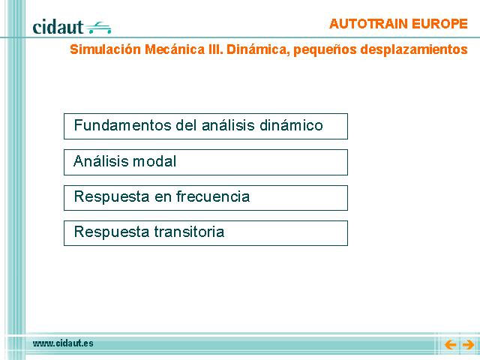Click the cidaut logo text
coord(58,27)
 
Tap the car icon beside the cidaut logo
coord(98,28)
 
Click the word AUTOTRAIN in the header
coord(368,24)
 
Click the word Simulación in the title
coord(105,49)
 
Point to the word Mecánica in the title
coord(174,49)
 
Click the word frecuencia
coord(213,196)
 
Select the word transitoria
coord(189,232)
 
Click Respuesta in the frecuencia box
coord(112,196)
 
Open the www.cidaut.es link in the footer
coord(63,343)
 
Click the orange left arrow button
coord(450,345)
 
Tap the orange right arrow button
coord(468,345)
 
